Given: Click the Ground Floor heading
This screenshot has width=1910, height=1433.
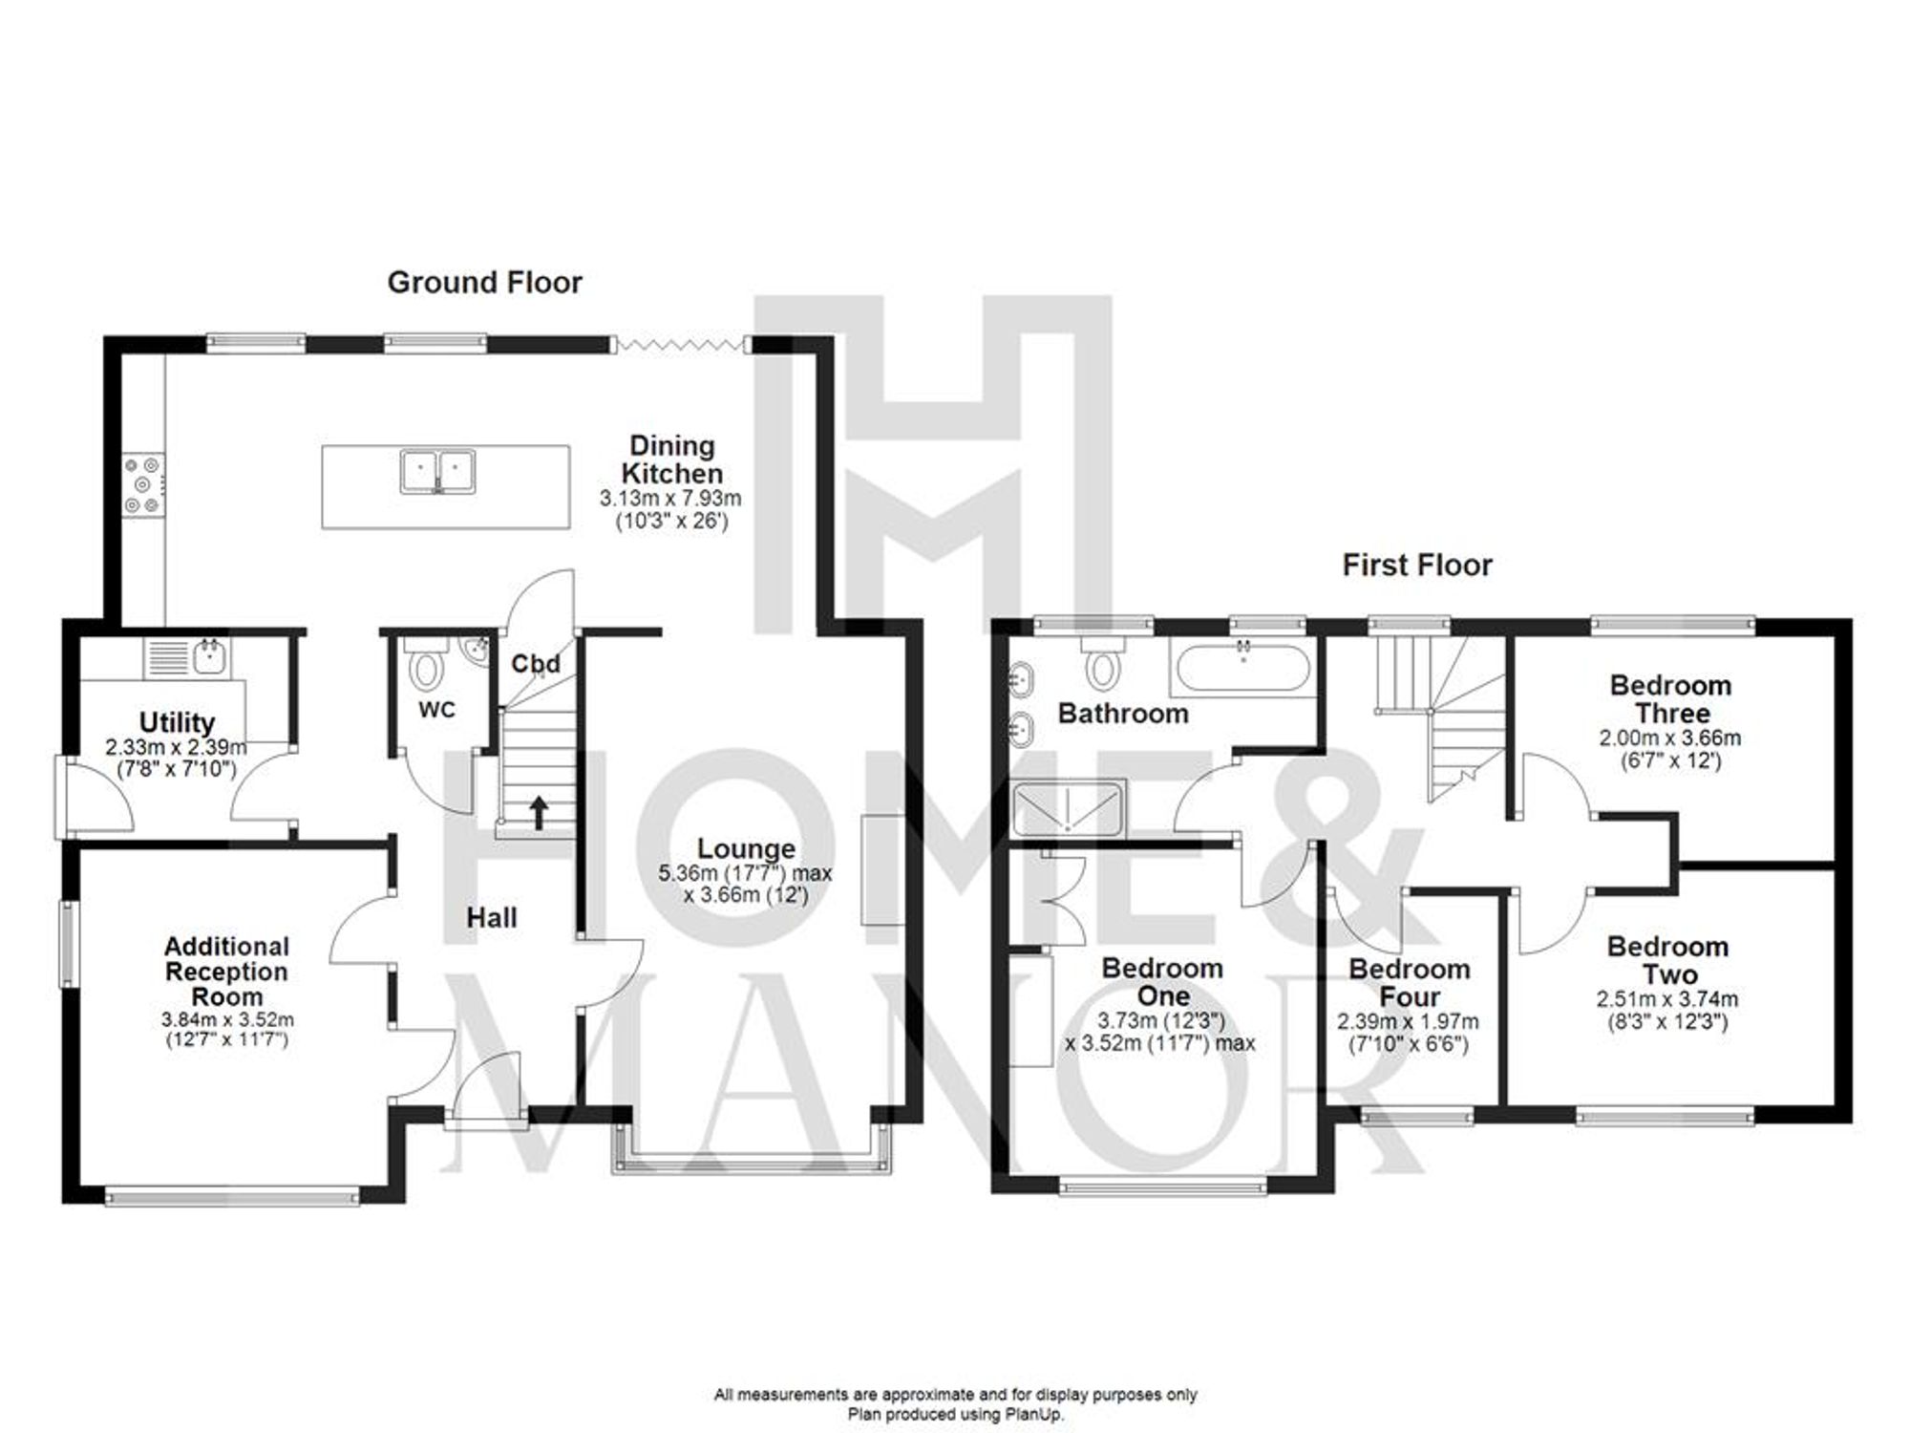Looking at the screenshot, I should pyautogui.click(x=484, y=283).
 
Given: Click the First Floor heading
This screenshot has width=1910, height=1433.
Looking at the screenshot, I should pyautogui.click(x=1416, y=566).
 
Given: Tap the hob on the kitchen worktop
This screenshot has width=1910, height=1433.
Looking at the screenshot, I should pyautogui.click(x=143, y=485).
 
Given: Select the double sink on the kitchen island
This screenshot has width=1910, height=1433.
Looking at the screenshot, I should pyautogui.click(x=437, y=471).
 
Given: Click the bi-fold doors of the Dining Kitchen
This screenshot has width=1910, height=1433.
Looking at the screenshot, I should pyautogui.click(x=679, y=345).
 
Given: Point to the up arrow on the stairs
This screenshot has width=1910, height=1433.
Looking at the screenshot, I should pyautogui.click(x=539, y=812).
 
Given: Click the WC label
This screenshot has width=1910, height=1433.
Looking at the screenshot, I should pyautogui.click(x=436, y=710).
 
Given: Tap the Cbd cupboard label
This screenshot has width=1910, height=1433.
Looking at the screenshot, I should pyautogui.click(x=535, y=663).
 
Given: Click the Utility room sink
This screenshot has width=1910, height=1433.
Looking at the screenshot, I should pyautogui.click(x=209, y=657).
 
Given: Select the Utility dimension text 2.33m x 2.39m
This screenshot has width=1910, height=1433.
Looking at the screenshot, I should pyautogui.click(x=177, y=747).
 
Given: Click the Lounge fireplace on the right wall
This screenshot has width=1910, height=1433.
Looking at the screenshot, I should pyautogui.click(x=882, y=869).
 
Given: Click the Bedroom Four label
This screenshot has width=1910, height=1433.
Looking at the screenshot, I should pyautogui.click(x=1409, y=982).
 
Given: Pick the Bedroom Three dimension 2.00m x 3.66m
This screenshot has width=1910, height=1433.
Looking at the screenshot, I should pyautogui.click(x=1669, y=738).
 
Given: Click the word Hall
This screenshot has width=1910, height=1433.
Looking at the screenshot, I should pyautogui.click(x=492, y=918).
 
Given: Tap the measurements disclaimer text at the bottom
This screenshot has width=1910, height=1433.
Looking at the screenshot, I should pyautogui.click(x=955, y=1395).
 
